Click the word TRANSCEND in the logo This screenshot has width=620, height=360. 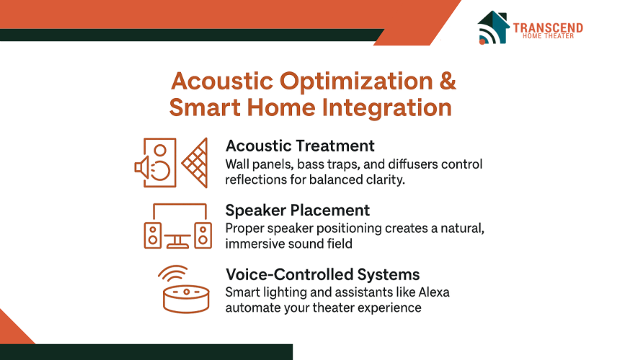[548, 27]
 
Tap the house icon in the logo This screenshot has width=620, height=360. [492, 27]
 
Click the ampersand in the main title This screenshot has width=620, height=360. [447, 81]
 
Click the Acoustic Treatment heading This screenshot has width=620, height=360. [300, 146]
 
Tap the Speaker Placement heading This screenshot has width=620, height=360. [297, 210]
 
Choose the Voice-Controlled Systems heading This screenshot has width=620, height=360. [323, 274]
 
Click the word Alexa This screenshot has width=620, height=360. [434, 292]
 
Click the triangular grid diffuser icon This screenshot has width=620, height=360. [195, 162]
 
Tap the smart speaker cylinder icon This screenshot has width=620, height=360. [186, 299]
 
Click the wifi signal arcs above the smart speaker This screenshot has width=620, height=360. [173, 273]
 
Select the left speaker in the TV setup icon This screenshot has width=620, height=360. [153, 235]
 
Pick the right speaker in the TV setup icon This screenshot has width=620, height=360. [203, 235]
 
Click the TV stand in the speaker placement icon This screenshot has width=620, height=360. [177, 241]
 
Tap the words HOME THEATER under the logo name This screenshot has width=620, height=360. [548, 36]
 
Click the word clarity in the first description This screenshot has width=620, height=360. [385, 180]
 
